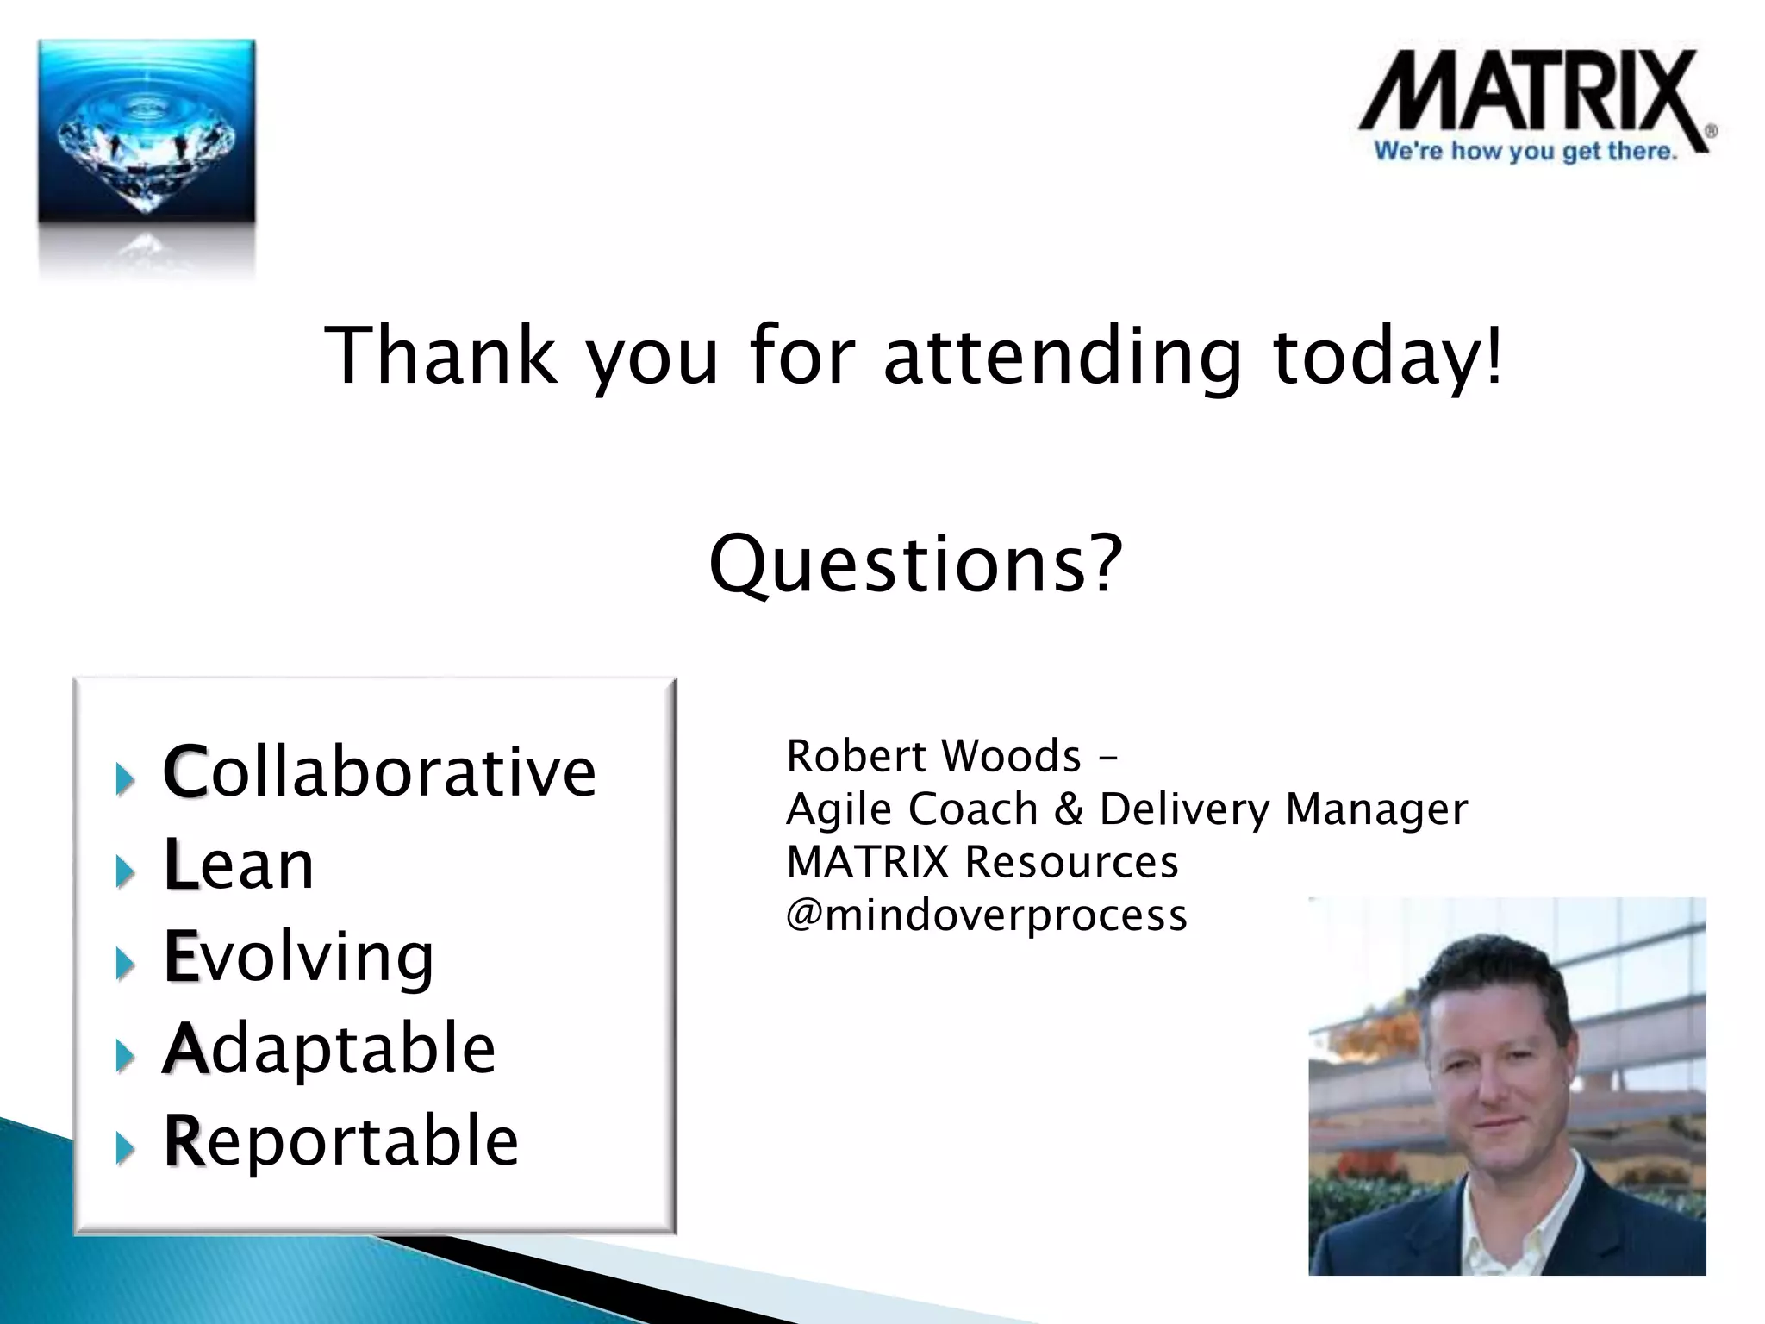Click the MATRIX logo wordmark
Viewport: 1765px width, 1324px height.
[x=1530, y=95]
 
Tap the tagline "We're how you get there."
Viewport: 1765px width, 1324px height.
[x=1525, y=152]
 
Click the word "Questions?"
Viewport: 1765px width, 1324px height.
[x=916, y=565]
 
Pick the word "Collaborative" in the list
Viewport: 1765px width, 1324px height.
[x=379, y=771]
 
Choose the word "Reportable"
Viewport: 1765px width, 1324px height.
[x=341, y=1141]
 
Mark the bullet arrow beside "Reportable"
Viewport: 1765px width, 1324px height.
[x=126, y=1148]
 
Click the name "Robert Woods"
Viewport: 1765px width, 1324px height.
[x=933, y=757]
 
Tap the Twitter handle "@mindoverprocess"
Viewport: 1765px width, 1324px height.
[x=987, y=915]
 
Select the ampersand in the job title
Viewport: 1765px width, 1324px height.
[x=1068, y=809]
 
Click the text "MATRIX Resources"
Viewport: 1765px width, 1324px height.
[x=982, y=862]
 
